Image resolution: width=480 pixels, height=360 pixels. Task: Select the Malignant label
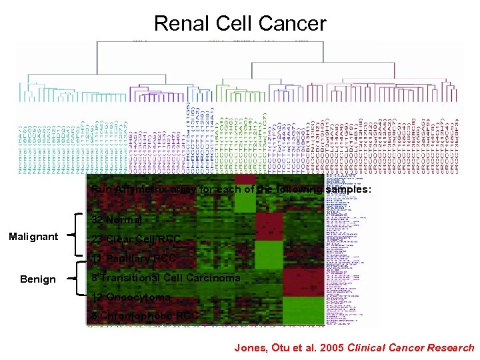click(x=33, y=237)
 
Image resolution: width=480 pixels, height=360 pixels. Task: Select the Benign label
click(x=38, y=279)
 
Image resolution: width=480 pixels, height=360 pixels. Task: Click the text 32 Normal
click(x=117, y=220)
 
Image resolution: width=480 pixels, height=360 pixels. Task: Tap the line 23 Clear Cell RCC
click(x=136, y=239)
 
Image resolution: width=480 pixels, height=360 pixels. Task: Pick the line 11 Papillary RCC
click(x=133, y=258)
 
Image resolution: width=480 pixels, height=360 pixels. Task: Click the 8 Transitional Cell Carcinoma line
click(x=166, y=277)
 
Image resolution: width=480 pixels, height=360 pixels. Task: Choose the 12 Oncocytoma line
click(x=131, y=297)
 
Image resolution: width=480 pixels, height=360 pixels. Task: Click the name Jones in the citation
click(x=249, y=347)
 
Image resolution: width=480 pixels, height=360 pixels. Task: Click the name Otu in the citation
click(x=276, y=347)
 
